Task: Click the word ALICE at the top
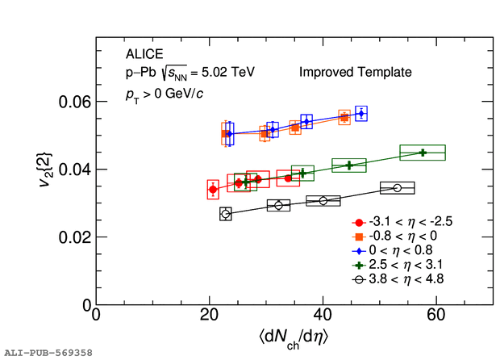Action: click(144, 55)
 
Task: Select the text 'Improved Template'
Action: click(356, 73)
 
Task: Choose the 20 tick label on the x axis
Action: click(210, 315)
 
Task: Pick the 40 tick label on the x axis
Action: click(323, 315)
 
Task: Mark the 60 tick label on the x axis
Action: click(436, 315)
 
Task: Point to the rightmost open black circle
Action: click(398, 188)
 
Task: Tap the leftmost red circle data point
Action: click(213, 190)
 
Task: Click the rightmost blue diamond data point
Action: click(360, 114)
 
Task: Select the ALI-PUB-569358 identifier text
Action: click(48, 353)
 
